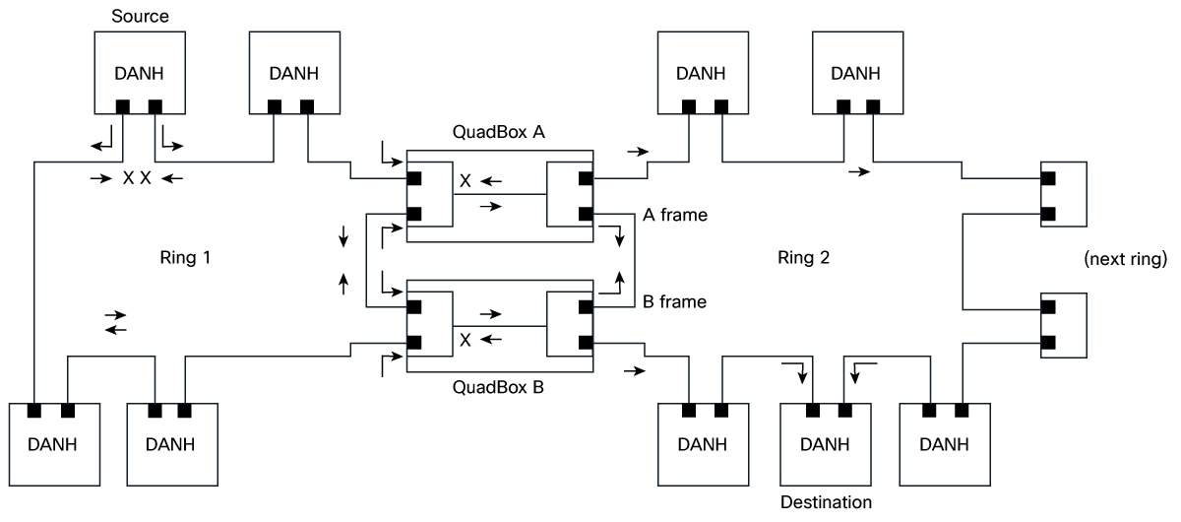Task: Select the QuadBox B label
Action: pyautogui.click(x=500, y=387)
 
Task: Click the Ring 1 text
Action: pyautogui.click(x=185, y=259)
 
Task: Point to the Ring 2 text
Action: pyautogui.click(x=803, y=259)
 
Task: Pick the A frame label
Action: pyautogui.click(x=674, y=213)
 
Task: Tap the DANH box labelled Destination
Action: pyautogui.click(x=825, y=442)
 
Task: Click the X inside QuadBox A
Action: pyautogui.click(x=464, y=181)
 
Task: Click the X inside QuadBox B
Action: pyautogui.click(x=464, y=340)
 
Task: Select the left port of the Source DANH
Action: pyautogui.click(x=123, y=106)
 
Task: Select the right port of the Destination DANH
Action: pyautogui.click(x=845, y=410)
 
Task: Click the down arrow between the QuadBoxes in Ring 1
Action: pyautogui.click(x=342, y=236)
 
